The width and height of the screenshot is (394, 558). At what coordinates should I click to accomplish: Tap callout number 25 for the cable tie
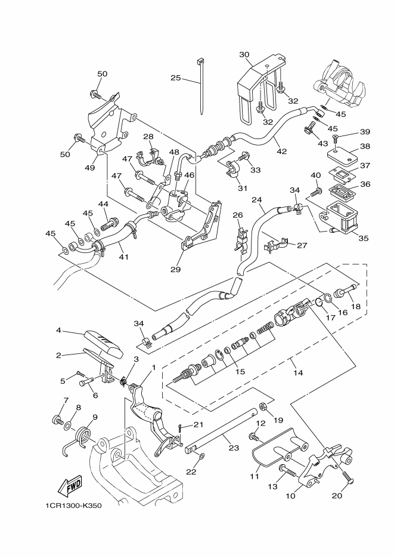tap(176, 78)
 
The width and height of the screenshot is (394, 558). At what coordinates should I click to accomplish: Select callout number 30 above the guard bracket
tap(244, 54)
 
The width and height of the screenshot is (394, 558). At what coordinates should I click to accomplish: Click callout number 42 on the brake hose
tap(282, 151)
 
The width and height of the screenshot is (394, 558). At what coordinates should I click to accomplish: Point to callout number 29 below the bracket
tap(176, 270)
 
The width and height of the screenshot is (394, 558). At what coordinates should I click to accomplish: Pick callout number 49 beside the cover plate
tap(89, 168)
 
